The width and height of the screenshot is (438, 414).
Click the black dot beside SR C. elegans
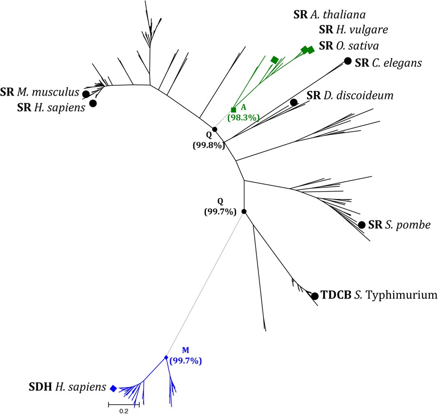click(348, 61)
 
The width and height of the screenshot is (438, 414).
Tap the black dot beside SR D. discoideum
click(293, 102)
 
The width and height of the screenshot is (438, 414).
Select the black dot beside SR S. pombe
click(362, 225)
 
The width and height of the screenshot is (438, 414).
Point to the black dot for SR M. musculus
click(86, 94)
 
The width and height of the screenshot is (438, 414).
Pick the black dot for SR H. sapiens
click(92, 103)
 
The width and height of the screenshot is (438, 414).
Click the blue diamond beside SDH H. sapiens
click(113, 388)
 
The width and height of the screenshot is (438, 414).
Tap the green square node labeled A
click(233, 110)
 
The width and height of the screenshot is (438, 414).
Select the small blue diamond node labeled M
click(166, 357)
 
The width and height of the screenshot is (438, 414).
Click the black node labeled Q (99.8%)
click(215, 129)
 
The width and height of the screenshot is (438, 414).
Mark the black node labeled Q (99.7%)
click(244, 212)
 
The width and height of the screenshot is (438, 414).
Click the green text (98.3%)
click(242, 117)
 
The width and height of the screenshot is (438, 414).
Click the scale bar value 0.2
click(123, 411)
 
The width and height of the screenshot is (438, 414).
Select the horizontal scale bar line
click(124, 404)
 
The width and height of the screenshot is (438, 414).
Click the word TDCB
click(336, 295)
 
